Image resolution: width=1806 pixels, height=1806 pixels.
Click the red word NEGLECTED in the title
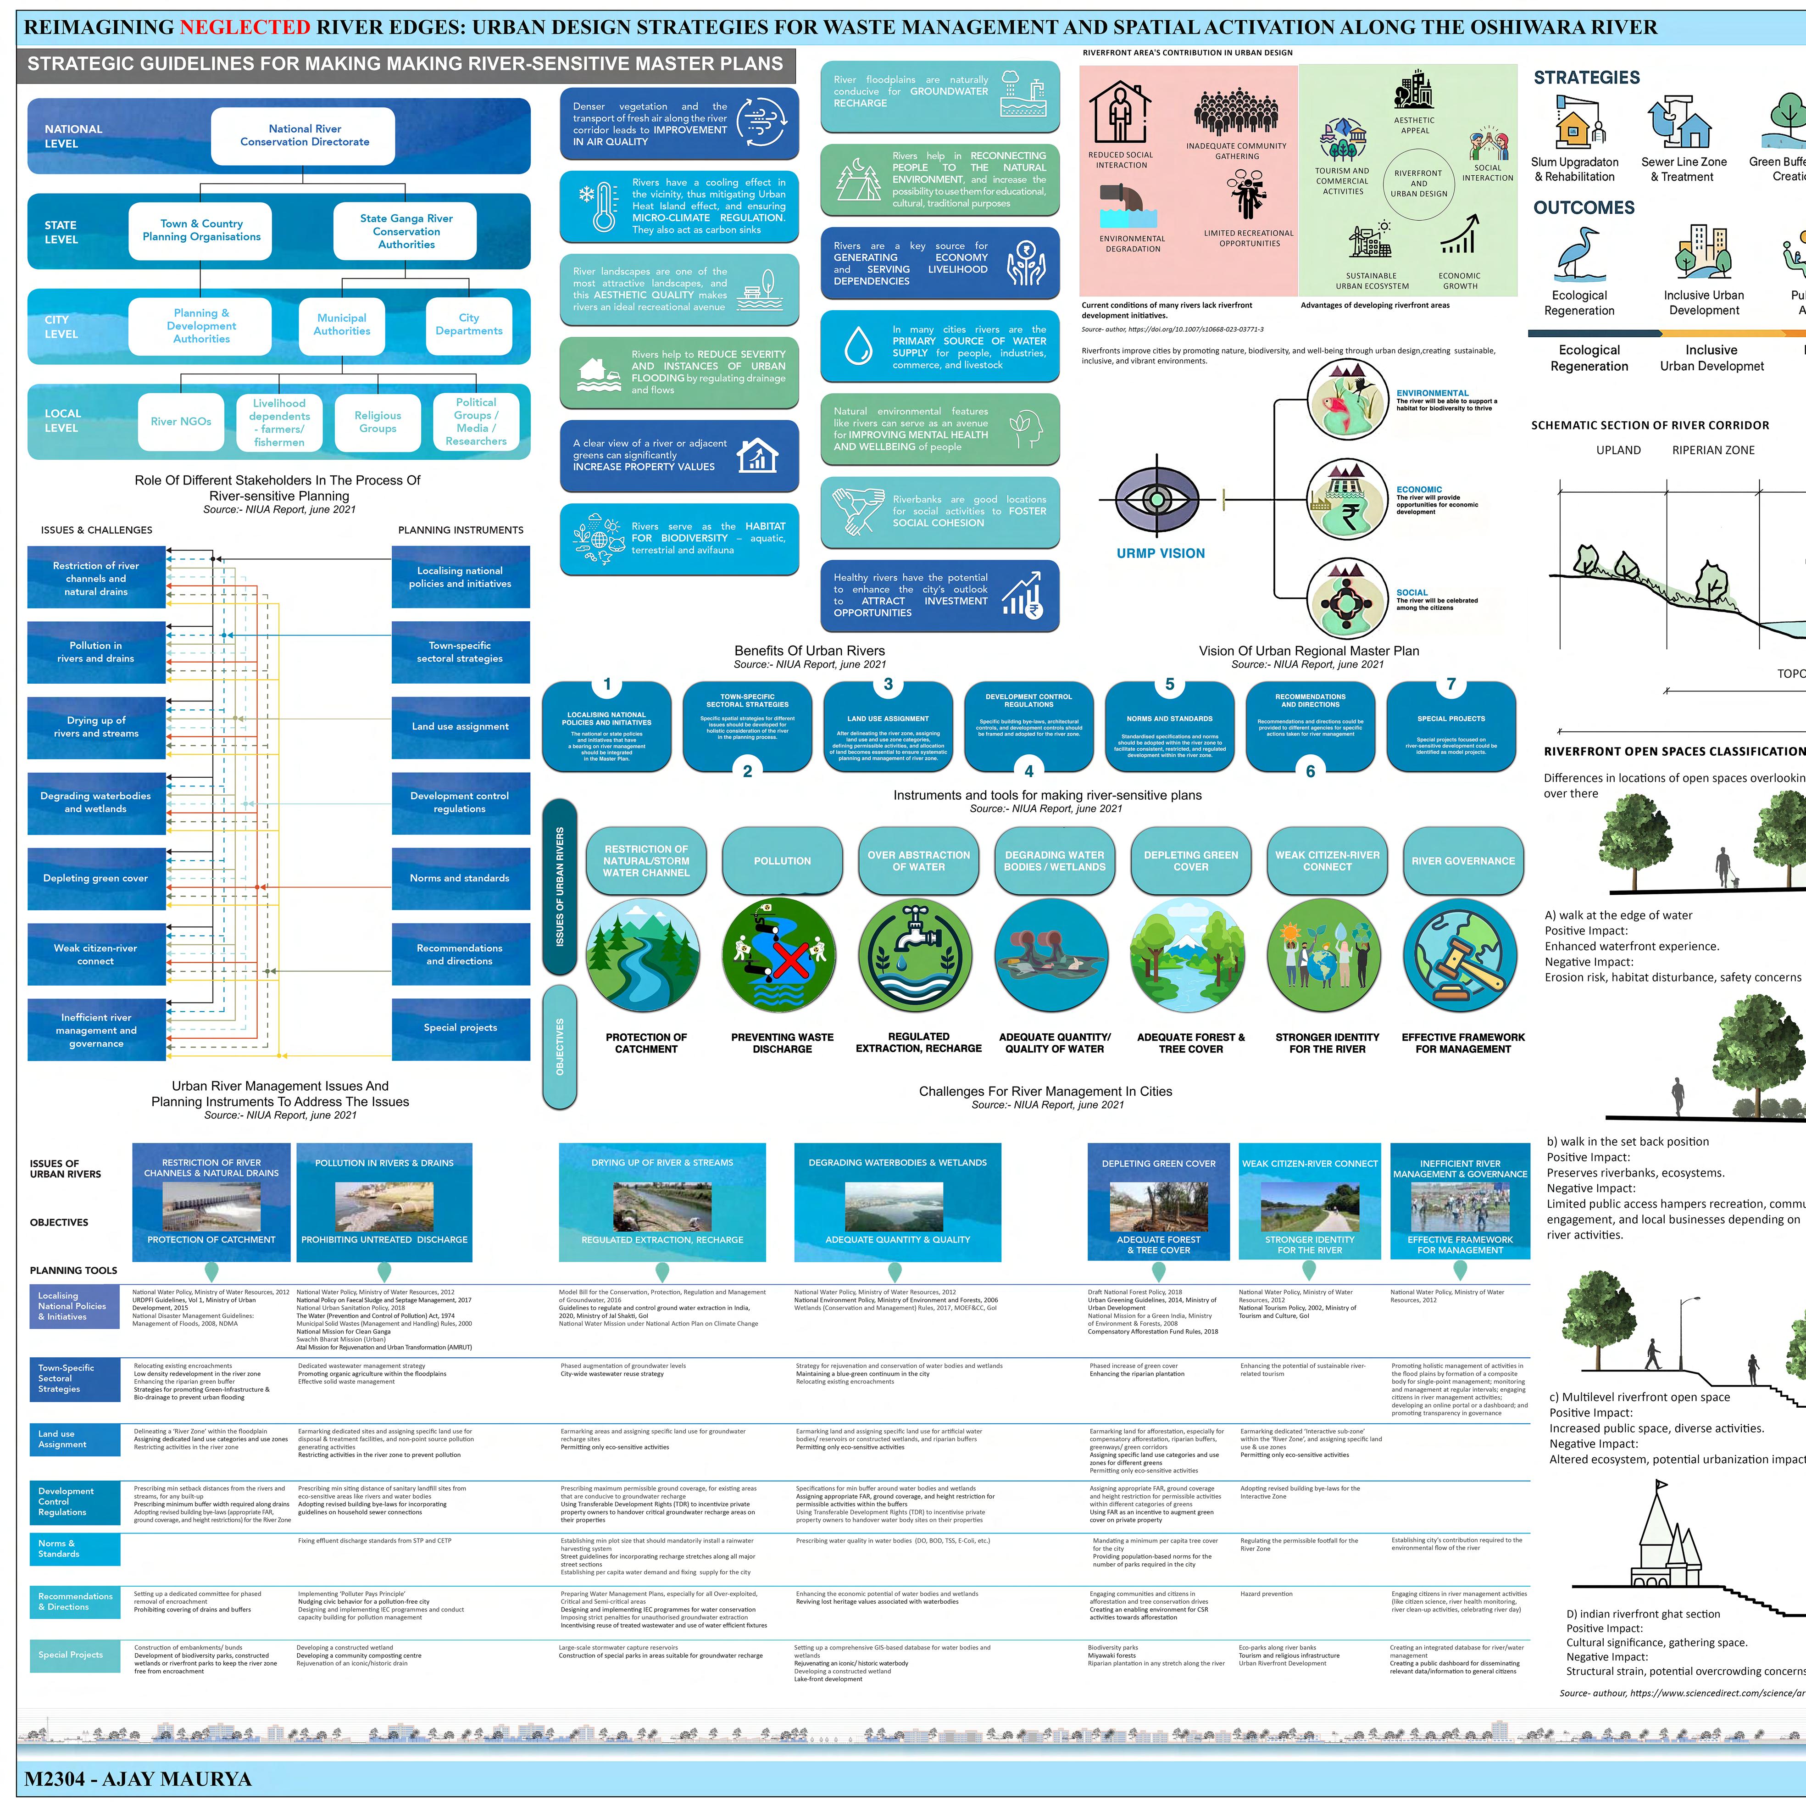[x=245, y=27]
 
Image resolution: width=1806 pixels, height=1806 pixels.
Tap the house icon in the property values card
[x=757, y=455]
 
